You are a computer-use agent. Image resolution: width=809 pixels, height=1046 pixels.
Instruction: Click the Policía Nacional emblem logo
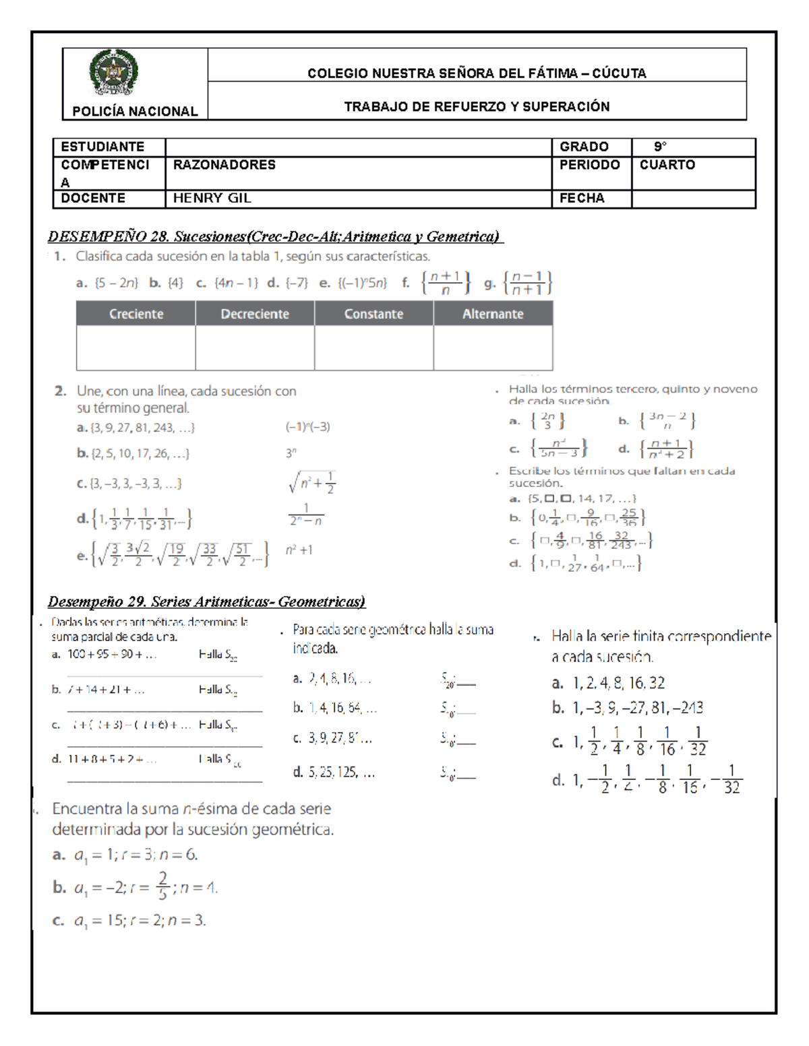(113, 73)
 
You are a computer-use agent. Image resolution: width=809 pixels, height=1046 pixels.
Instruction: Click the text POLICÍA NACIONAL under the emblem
(135, 112)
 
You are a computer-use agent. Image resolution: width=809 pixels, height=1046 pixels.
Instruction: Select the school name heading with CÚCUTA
(477, 73)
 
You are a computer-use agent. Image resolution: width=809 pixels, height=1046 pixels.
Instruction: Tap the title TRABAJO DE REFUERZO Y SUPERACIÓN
(477, 106)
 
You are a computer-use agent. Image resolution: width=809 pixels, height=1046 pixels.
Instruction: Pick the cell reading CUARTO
(667, 165)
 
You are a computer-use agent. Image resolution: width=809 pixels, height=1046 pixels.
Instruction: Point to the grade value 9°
(659, 147)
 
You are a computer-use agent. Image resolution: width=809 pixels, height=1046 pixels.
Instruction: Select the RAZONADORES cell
(224, 165)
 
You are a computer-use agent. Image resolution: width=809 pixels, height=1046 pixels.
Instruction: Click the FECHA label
(582, 198)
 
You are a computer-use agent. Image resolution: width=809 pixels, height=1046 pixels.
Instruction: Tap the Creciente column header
(136, 314)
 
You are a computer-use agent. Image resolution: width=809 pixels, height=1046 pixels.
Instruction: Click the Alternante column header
(493, 314)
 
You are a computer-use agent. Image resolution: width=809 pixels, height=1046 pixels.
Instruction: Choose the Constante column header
(373, 314)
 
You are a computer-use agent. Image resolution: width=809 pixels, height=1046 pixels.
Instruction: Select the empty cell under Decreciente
(255, 348)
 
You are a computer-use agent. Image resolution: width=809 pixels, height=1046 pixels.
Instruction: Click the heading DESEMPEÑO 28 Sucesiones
(274, 236)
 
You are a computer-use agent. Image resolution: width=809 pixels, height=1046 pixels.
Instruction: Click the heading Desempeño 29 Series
(206, 601)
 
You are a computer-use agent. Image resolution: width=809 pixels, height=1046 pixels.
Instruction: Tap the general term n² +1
(299, 550)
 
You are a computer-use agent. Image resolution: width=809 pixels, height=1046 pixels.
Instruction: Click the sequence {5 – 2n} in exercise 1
(116, 284)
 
